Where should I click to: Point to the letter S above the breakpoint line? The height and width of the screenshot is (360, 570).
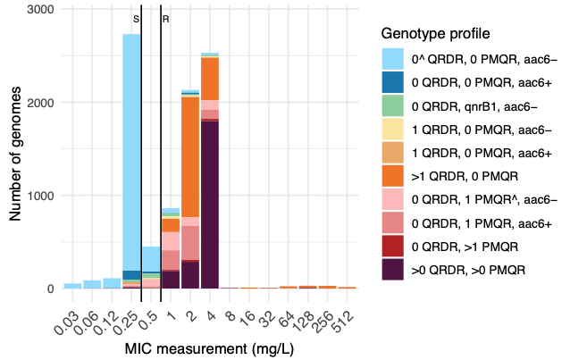pyautogui.click(x=136, y=19)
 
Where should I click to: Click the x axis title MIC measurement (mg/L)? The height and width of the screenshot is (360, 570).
pyautogui.click(x=209, y=347)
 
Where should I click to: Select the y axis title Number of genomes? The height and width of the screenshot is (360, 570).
pyautogui.click(x=16, y=149)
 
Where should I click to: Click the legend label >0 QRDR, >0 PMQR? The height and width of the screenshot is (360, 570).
pyautogui.click(x=467, y=268)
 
